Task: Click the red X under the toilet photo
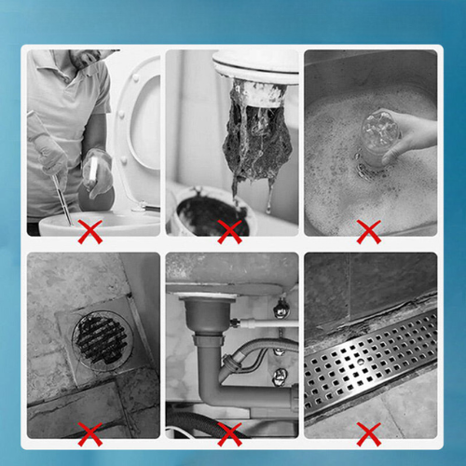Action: click(89, 230)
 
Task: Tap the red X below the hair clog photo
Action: click(229, 230)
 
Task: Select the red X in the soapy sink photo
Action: click(370, 230)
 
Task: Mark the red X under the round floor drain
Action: click(89, 432)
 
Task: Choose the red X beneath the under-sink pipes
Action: click(229, 432)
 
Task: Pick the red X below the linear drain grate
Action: click(370, 432)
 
